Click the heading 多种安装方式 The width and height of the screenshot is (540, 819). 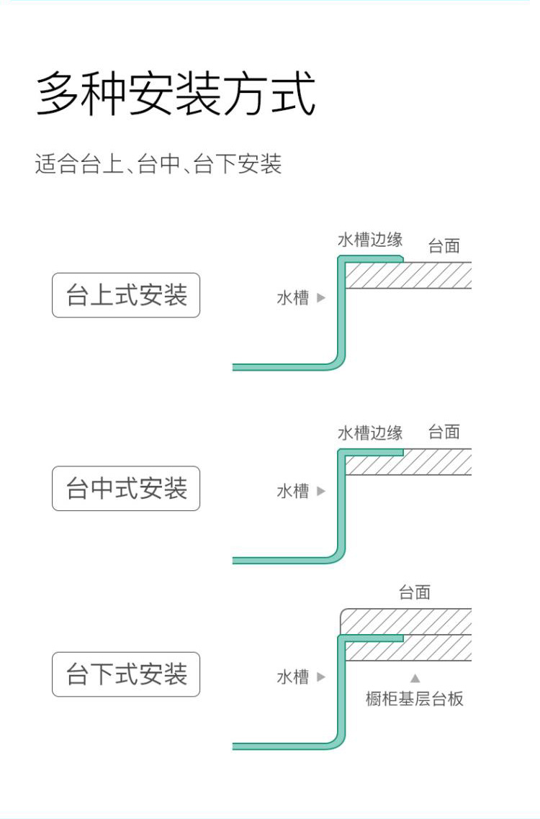pos(176,94)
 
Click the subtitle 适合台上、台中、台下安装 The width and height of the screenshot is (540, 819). pos(158,164)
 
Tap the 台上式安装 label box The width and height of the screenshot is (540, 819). pos(126,295)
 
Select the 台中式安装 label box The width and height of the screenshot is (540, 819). pos(126,489)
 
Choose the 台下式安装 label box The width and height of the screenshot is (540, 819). pos(126,674)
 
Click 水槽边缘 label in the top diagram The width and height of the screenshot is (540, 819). pos(370,240)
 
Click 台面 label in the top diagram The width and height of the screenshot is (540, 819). pos(444,245)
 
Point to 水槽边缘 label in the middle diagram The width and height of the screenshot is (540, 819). pos(370,433)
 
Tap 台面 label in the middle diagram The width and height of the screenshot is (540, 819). pos(444,432)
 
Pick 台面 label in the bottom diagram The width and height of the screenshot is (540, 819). pos(415,592)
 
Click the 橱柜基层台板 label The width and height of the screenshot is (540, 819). pos(415,698)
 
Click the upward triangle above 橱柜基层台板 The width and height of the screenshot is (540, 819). pos(415,678)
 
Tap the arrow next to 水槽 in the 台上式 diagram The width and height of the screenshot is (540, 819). pos(321,298)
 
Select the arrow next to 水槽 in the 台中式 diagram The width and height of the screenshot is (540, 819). pos(321,491)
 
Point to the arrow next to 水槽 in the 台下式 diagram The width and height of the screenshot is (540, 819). pos(321,677)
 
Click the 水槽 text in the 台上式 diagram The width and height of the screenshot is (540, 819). pos(293,298)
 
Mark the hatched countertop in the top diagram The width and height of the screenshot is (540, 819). pos(408,275)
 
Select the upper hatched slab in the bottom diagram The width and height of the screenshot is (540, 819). pos(406,622)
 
